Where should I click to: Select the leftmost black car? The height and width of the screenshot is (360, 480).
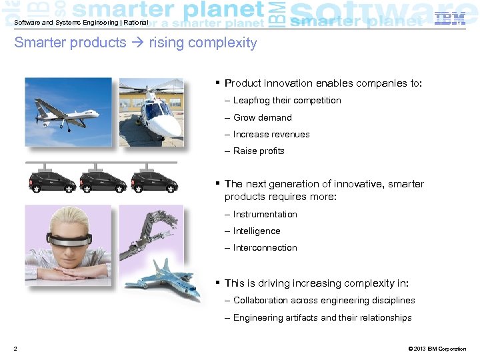tap(51, 181)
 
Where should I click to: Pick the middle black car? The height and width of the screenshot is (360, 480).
tap(101, 181)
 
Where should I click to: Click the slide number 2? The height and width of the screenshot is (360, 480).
tap(15, 349)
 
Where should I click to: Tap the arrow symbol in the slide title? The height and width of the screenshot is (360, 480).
tap(137, 43)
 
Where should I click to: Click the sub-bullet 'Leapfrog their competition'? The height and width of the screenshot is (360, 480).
tap(287, 101)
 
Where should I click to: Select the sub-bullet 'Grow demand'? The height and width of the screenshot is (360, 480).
tap(262, 117)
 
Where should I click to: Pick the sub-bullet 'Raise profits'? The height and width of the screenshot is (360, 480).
tap(259, 151)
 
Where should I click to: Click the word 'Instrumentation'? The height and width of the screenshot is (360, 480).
tap(265, 215)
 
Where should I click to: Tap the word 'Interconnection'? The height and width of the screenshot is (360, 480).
tap(265, 248)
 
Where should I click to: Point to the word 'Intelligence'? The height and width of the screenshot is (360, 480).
tap(257, 231)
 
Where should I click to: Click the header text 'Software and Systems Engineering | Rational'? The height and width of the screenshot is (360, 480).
tap(81, 23)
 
